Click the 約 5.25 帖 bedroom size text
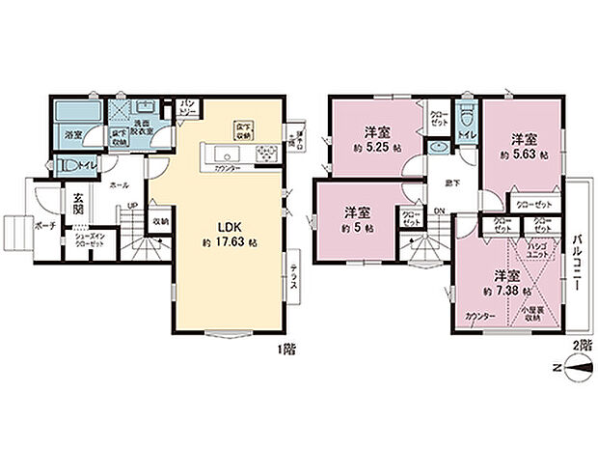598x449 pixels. pyautogui.click(x=375, y=150)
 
